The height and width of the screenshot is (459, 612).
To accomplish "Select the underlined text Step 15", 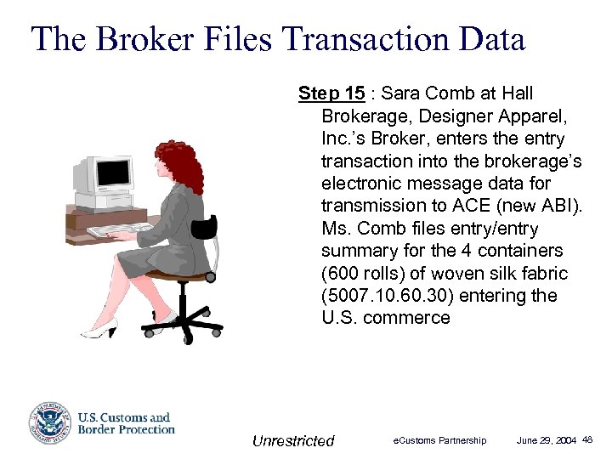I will point(330,93).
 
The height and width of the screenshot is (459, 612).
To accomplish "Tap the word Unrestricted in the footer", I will point(293,440).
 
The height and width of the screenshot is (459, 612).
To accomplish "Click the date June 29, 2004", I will point(547,440).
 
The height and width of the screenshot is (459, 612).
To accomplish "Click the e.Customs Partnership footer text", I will point(439,440).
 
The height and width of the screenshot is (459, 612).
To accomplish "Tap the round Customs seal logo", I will point(48,423).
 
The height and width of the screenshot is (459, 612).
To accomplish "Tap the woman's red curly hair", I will point(178,166).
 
